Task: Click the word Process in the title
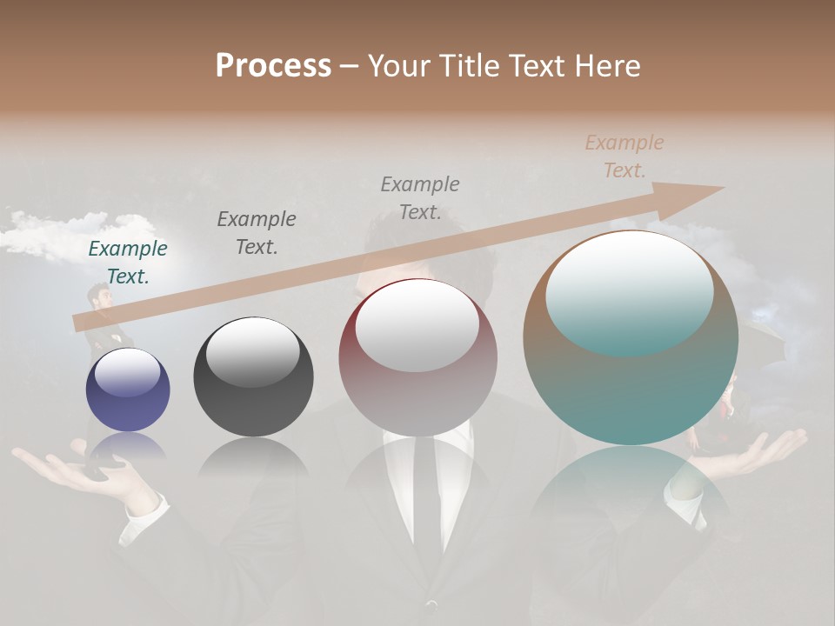click(x=273, y=65)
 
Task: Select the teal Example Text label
click(x=128, y=262)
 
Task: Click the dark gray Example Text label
click(x=257, y=232)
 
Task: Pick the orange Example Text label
click(x=624, y=156)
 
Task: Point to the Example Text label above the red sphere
click(x=420, y=197)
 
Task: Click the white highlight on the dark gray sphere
click(x=252, y=352)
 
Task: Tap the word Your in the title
click(x=400, y=65)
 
